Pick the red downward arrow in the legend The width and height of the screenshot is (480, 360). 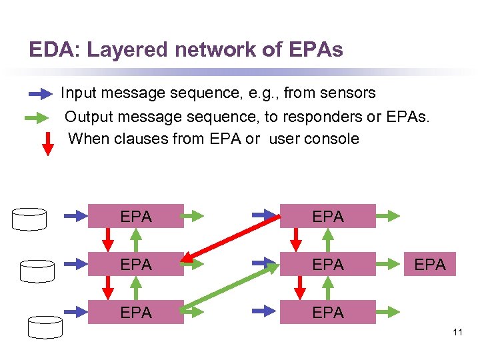point(47,143)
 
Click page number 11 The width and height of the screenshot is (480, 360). point(457,331)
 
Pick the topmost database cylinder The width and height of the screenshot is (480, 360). point(29,219)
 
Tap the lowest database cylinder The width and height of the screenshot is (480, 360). point(45,327)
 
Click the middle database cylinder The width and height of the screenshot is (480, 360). point(37,270)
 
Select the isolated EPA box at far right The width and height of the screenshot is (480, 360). point(430,264)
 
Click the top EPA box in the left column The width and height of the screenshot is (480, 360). point(136,216)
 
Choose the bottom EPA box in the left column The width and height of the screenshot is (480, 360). point(136,312)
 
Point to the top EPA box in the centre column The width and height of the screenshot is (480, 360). point(327,216)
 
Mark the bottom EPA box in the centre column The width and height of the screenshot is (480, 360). point(327,312)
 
